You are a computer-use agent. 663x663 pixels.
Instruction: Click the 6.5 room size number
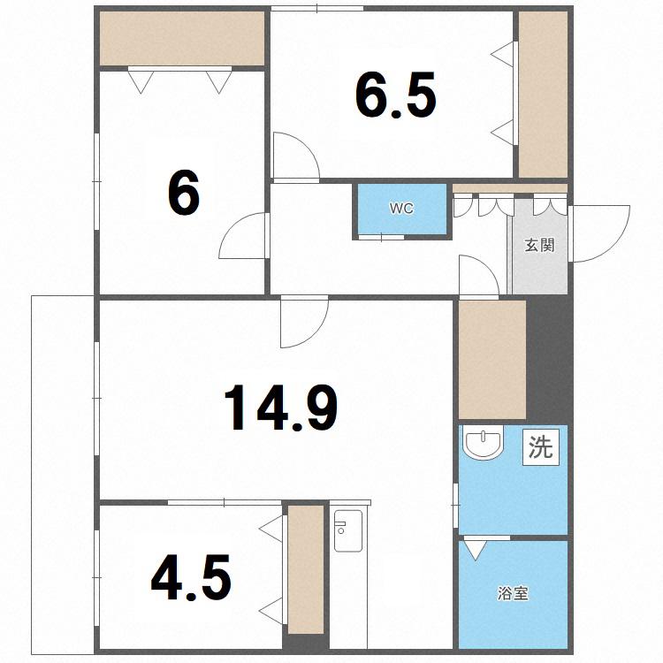pyautogui.click(x=396, y=95)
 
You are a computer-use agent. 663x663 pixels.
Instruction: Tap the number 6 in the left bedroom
pyautogui.click(x=183, y=193)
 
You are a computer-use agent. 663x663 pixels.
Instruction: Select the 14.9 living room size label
pyautogui.click(x=281, y=408)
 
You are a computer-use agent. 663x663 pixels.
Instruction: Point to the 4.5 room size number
pyautogui.click(x=191, y=577)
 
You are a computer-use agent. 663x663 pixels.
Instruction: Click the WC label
pyautogui.click(x=401, y=209)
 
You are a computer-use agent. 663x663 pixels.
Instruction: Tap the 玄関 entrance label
pyautogui.click(x=539, y=245)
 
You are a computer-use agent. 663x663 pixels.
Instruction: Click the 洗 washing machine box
pyautogui.click(x=541, y=447)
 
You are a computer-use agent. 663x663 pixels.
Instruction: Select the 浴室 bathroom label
pyautogui.click(x=513, y=594)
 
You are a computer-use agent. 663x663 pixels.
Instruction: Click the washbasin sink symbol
pyautogui.click(x=483, y=442)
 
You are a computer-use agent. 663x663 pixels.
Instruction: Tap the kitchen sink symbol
pyautogui.click(x=348, y=530)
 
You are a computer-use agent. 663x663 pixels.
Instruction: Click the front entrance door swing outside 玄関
pyautogui.click(x=599, y=233)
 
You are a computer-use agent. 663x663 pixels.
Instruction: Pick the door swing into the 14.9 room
pyautogui.click(x=304, y=322)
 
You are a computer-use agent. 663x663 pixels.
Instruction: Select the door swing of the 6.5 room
pyautogui.click(x=296, y=157)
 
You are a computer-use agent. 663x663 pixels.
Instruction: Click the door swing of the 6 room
pyautogui.click(x=244, y=235)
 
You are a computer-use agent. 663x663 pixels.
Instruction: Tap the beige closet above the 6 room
pyautogui.click(x=182, y=38)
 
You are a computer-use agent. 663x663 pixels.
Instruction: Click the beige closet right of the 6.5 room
pyautogui.click(x=544, y=95)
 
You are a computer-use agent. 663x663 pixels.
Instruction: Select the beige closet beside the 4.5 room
pyautogui.click(x=306, y=569)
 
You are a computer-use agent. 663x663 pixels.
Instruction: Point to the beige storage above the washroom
pyautogui.click(x=492, y=360)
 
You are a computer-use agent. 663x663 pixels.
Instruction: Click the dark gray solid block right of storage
pyautogui.click(x=550, y=360)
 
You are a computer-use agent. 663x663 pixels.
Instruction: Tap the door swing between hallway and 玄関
pyautogui.click(x=479, y=275)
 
